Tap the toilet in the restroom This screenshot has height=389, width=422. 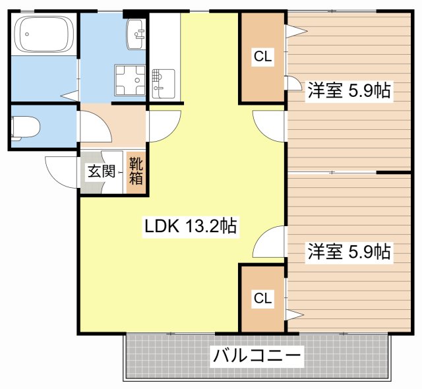point(24,127)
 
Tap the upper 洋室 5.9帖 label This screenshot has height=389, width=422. point(349,91)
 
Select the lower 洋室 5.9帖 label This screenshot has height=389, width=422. point(349,252)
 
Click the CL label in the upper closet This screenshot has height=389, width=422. point(262,57)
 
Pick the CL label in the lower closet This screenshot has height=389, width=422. point(262,299)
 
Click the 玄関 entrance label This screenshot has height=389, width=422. point(101,173)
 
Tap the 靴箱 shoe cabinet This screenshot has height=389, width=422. point(136,171)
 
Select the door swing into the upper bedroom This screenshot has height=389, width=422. point(270,123)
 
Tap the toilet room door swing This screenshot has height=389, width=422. point(91,124)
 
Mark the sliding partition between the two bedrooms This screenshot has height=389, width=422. point(333,172)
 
